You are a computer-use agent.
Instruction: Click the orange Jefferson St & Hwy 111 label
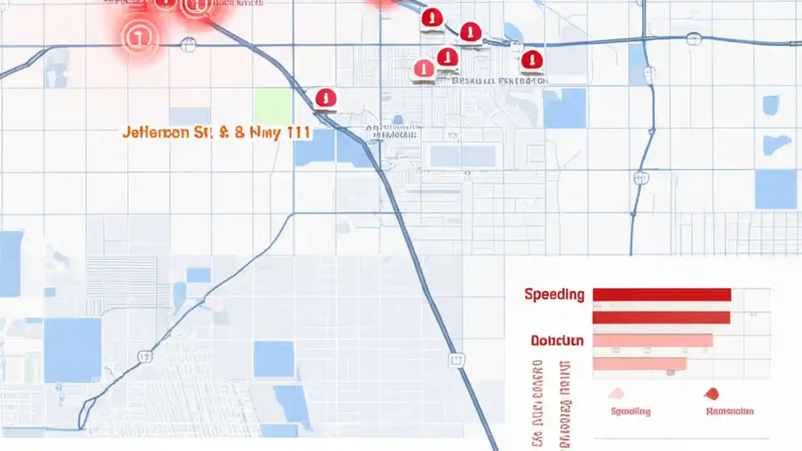(x=216, y=133)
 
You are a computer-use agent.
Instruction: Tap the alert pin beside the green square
(x=325, y=98)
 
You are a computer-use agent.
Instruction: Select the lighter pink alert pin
(x=424, y=68)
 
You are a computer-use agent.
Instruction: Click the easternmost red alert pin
(x=531, y=60)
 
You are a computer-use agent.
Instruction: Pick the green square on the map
(x=273, y=106)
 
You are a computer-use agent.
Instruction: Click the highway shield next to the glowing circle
(x=188, y=44)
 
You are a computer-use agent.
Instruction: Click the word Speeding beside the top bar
(x=555, y=294)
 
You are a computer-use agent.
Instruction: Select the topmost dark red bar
(x=662, y=294)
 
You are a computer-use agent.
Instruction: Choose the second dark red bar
(x=661, y=318)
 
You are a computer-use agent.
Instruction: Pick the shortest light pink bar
(x=639, y=363)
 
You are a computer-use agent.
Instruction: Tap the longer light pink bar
(x=652, y=340)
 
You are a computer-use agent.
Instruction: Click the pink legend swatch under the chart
(x=617, y=394)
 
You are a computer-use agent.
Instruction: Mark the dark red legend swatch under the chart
(x=711, y=394)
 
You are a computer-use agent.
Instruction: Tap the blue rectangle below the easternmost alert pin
(x=564, y=108)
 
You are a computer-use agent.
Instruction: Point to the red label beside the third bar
(x=557, y=341)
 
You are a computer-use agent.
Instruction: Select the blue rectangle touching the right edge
(x=775, y=189)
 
